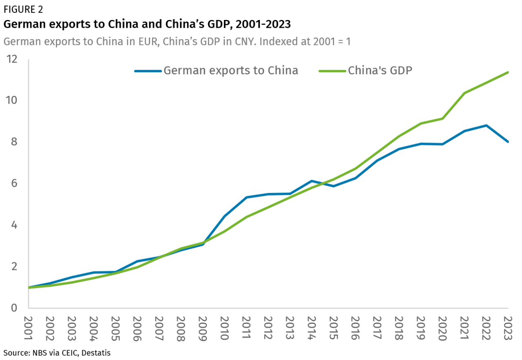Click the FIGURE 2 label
(x=23, y=9)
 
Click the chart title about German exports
(x=147, y=24)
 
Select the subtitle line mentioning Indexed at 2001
(x=177, y=42)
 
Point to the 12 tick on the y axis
(x=12, y=59)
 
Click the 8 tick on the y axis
(x=15, y=142)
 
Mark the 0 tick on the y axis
(x=15, y=308)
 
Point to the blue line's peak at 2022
(x=486, y=125)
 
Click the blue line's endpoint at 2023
(x=508, y=142)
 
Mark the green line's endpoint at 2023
(x=508, y=72)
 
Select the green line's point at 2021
(x=464, y=93)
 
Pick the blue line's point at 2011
(x=246, y=197)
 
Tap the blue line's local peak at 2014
(x=312, y=181)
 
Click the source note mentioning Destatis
(x=57, y=352)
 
